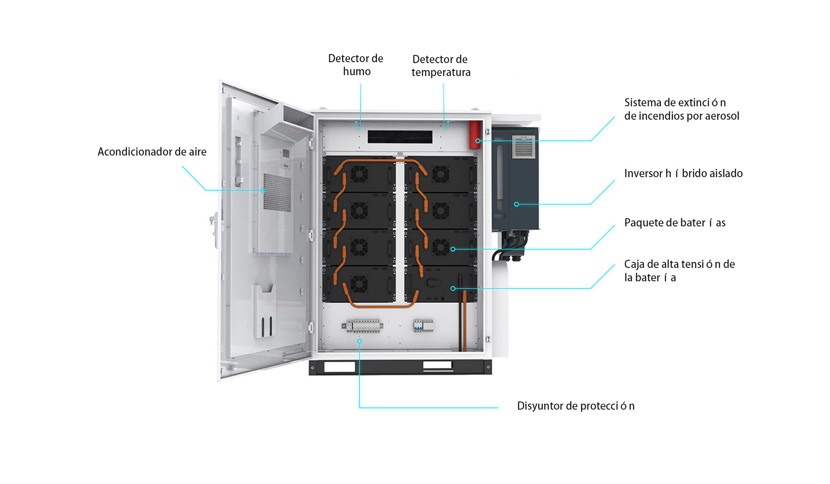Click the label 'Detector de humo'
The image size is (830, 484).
point(356,65)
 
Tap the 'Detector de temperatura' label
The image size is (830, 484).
point(441,66)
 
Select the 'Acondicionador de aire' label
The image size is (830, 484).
point(152,152)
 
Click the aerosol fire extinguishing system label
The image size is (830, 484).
point(681,109)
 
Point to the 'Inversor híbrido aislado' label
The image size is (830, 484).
point(683,174)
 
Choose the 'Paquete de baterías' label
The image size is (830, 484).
point(674,223)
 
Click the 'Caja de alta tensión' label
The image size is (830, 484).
point(679,271)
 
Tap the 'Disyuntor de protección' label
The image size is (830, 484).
point(575,406)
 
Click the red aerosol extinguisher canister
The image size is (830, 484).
point(475,134)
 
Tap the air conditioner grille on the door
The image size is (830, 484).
point(277,192)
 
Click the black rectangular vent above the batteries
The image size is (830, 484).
point(400,137)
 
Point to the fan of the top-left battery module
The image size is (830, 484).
point(359,175)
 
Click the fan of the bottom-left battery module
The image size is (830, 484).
point(359,284)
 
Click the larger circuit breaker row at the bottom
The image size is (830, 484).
point(363,326)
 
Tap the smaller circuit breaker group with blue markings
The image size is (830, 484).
point(423,325)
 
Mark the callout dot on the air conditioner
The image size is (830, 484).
point(263,190)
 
